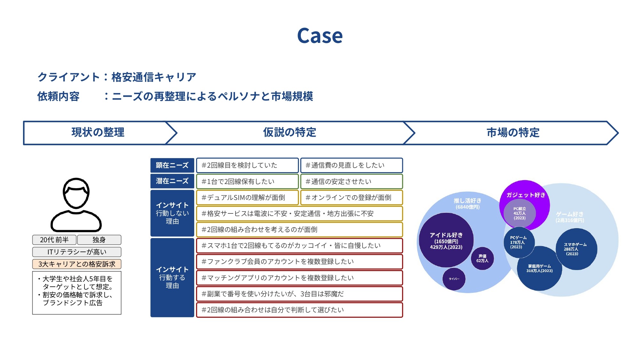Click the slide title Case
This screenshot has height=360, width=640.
click(x=320, y=36)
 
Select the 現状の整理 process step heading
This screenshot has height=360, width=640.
click(x=98, y=132)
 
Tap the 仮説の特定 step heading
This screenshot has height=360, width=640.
click(x=289, y=132)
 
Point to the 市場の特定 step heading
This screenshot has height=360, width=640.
click(x=513, y=132)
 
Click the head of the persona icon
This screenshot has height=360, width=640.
click(x=76, y=193)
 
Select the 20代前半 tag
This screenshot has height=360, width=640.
click(x=54, y=240)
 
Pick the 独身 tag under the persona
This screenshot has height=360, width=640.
click(x=99, y=240)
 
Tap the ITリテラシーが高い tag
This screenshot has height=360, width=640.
click(x=77, y=252)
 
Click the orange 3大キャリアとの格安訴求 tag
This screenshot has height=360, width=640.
click(x=77, y=264)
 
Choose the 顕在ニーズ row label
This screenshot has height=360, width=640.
click(x=172, y=165)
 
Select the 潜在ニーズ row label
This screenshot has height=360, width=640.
click(x=172, y=181)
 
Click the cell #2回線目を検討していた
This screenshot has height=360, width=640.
click(x=247, y=165)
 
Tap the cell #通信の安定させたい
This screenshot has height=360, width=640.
click(x=351, y=181)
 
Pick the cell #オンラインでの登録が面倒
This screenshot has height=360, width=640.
click(x=351, y=197)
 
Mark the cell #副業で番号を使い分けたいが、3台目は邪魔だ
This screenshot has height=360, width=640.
click(x=299, y=294)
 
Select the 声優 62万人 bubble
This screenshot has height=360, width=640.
click(x=482, y=258)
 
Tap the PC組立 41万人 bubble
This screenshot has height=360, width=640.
click(x=520, y=213)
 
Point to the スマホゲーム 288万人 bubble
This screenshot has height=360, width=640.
click(x=576, y=249)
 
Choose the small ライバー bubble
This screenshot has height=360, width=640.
click(x=454, y=279)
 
